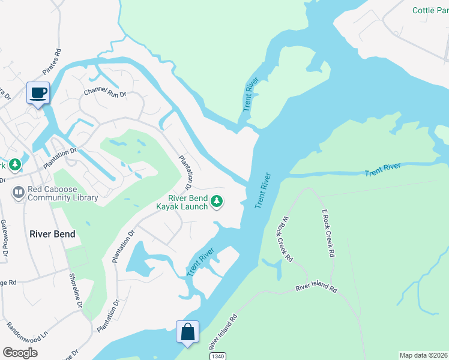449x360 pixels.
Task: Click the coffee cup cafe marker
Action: (x=38, y=93)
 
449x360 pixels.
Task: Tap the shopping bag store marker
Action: (x=187, y=331)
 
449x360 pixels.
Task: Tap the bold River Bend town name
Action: (x=52, y=234)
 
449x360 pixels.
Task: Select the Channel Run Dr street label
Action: (x=105, y=92)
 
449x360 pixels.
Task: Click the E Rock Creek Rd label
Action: (x=327, y=233)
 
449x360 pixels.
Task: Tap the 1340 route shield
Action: (x=218, y=356)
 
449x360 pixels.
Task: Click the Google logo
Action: (x=20, y=353)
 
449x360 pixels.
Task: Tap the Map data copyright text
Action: (x=423, y=355)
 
